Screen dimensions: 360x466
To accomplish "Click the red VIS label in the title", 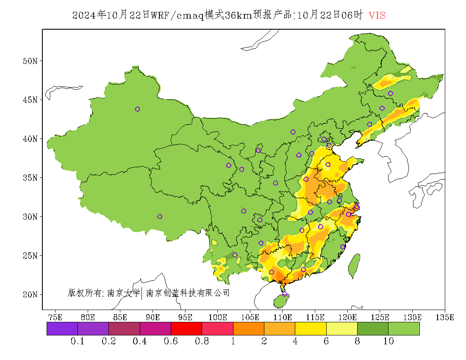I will point(377,15).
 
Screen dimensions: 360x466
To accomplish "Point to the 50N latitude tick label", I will point(29,61).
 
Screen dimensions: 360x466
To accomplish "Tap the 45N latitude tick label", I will point(29,100).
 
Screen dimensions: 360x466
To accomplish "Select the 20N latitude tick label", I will point(29,294).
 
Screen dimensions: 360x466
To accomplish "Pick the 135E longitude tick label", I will point(445,317).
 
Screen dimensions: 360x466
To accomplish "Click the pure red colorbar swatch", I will point(186,329).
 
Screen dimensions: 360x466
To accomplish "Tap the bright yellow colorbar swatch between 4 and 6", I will point(311,329).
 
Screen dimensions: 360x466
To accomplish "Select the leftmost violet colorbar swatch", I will point(62,329).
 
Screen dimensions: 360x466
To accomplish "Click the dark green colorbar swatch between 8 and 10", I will point(373,329).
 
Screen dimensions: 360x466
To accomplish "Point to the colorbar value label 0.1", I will point(78,341).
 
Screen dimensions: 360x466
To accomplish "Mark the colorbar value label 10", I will point(388,341).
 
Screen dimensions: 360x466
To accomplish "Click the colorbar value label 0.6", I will point(171,341).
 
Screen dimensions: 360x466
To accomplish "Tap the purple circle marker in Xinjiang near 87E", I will point(137,109).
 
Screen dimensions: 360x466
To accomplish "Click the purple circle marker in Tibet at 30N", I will point(160,216).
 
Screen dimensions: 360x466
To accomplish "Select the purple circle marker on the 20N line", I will point(285,294).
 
